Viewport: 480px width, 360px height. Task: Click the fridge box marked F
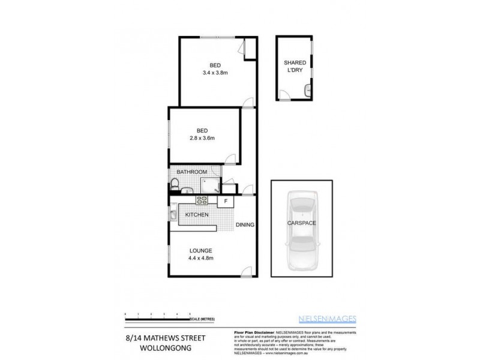[x=226, y=201]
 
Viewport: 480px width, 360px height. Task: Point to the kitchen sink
[x=172, y=214]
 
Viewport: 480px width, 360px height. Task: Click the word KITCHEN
[x=197, y=215]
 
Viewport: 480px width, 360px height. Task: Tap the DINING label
[x=245, y=225]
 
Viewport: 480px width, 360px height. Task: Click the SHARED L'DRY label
[x=295, y=66]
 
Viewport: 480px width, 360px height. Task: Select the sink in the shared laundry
[x=307, y=91]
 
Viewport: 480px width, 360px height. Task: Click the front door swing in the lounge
[x=245, y=271]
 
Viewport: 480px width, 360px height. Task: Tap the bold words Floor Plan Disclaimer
[x=252, y=332]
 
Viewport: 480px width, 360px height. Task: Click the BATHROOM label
[x=192, y=172]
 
